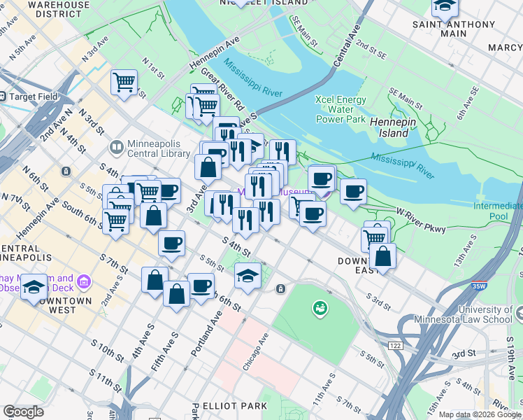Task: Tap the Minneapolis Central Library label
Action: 153,148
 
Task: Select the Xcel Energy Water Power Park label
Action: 341,109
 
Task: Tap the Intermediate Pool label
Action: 497,211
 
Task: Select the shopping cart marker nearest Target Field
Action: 124,81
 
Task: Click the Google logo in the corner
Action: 23,411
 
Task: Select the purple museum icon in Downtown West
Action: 85,281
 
